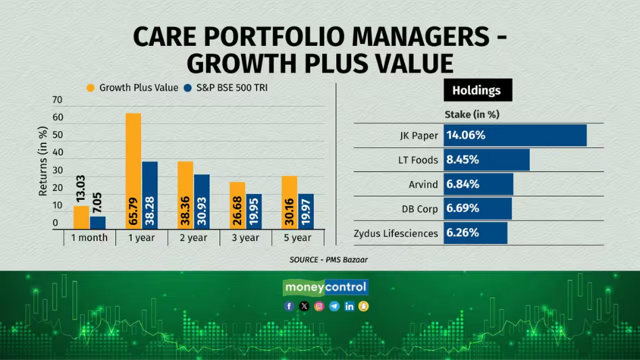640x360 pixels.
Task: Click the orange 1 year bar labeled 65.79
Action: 133,170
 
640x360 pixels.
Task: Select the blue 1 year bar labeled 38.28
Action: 150,195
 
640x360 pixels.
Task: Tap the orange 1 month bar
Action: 81,217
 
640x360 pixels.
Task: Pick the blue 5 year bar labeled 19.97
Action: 306,211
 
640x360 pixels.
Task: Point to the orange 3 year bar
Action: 237,205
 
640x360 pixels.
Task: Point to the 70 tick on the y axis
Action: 57,100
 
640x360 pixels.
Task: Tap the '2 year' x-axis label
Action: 193,238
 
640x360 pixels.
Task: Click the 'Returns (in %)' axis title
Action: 43,161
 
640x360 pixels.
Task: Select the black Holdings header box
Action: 477,90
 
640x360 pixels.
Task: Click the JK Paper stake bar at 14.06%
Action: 514,135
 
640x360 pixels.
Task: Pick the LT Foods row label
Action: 418,160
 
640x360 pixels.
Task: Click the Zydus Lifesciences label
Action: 396,233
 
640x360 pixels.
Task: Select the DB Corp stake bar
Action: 477,209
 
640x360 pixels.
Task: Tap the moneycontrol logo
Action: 325,287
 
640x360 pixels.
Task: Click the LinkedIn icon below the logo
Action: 349,306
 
